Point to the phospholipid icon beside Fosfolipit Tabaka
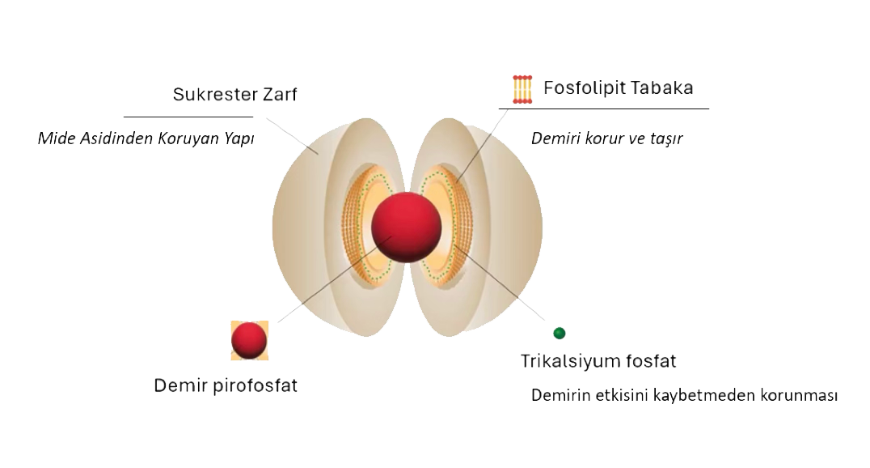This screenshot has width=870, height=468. pos(523,89)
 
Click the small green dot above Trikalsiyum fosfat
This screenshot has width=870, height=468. pos(559,333)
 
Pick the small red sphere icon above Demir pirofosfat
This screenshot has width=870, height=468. pos(249,340)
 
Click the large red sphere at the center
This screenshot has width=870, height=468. pos(407,227)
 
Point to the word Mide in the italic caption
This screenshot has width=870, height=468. pos(55,138)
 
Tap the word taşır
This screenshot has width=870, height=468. pos(665,138)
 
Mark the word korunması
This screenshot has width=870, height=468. pos(798,397)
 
